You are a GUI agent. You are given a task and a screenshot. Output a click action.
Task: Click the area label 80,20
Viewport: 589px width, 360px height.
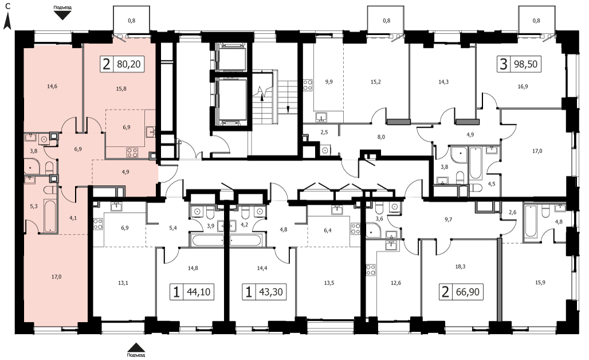tap(129, 64)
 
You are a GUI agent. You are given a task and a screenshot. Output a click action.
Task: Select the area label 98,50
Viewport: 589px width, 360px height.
tap(525, 64)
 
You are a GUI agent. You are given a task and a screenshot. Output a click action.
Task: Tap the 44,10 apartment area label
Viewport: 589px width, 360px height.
tap(198, 292)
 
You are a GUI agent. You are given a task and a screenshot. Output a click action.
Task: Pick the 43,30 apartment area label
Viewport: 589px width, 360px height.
tap(271, 292)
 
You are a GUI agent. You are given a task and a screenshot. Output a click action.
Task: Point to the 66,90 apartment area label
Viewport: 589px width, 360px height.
tap(468, 292)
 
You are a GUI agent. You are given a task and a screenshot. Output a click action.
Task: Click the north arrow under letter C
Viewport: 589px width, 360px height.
tap(7, 21)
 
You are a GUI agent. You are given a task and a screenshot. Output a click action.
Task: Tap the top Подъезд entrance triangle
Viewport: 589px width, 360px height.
tap(62, 15)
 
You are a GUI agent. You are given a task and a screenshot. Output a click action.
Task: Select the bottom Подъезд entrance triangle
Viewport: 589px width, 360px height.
tap(136, 347)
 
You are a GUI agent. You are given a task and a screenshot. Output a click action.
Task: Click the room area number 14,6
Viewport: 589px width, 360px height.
tap(52, 87)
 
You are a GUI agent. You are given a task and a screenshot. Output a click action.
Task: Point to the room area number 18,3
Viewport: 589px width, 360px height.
tap(460, 267)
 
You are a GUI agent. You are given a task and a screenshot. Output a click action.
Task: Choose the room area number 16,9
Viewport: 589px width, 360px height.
tap(523, 87)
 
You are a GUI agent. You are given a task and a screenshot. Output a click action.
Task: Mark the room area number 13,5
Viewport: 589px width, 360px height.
tap(329, 283)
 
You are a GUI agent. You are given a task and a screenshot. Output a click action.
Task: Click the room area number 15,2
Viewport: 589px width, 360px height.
tap(376, 81)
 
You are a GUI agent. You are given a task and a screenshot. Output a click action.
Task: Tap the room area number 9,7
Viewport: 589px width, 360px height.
tap(448, 220)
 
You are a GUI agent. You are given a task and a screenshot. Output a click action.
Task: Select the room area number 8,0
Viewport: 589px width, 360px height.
tap(381, 137)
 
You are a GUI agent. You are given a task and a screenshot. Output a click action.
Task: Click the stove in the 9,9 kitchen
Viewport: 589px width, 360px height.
tap(308, 85)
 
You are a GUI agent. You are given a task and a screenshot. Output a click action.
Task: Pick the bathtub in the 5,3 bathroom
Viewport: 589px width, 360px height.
tap(50, 216)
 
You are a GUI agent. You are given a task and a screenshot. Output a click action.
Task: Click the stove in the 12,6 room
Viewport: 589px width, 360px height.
tap(371, 270)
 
